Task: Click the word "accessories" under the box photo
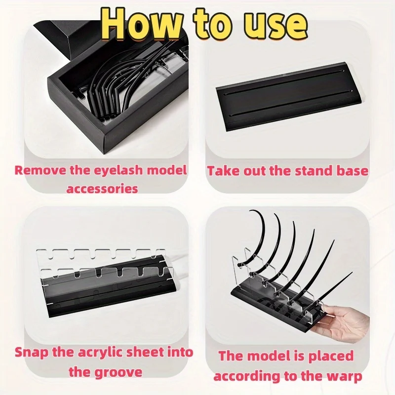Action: [102, 189]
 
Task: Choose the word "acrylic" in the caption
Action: [101, 353]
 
